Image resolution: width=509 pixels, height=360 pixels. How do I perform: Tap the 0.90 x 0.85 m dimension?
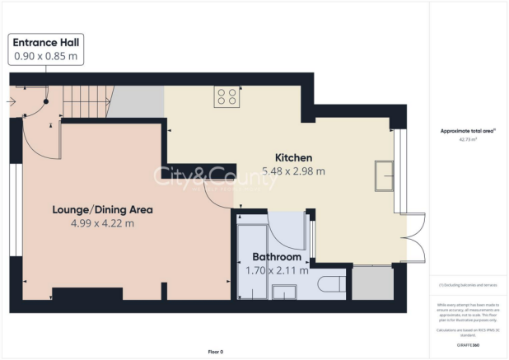point(46,56)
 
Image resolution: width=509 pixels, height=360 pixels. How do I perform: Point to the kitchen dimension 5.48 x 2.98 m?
point(293,171)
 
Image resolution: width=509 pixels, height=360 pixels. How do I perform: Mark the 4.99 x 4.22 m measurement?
point(102,223)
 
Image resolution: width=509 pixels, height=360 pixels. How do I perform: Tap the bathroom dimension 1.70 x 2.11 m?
point(277,269)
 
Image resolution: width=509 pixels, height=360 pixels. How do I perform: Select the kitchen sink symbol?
point(385,175)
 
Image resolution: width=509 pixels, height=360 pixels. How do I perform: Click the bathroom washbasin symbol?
point(285,292)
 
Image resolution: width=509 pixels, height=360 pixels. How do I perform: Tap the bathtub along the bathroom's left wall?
point(250,255)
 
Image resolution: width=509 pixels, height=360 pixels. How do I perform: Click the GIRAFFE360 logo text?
point(468,344)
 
